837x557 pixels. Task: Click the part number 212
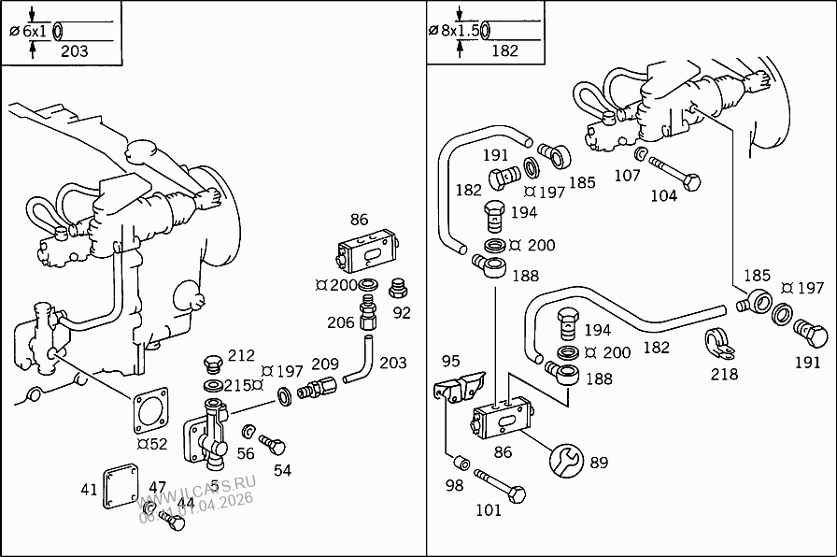tap(241, 355)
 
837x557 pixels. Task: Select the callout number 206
tap(340, 322)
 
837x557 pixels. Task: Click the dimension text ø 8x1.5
tap(454, 31)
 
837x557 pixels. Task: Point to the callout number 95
tap(450, 361)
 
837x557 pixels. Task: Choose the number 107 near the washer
tap(626, 175)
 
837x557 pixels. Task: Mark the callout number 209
tap(325, 363)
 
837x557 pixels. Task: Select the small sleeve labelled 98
tap(460, 464)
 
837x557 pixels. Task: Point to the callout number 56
tap(245, 453)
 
